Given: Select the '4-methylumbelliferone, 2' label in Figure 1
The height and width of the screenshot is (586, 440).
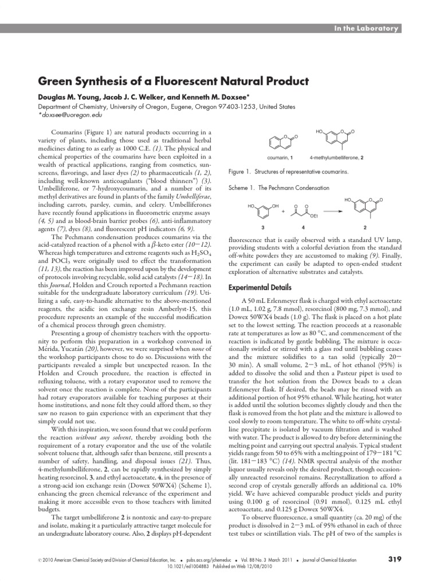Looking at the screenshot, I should pyautogui.click(x=336, y=157).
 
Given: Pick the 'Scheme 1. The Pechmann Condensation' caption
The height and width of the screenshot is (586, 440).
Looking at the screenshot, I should pyautogui.click(x=279, y=187).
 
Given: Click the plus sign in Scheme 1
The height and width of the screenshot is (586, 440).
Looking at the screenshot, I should pyautogui.click(x=283, y=211).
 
